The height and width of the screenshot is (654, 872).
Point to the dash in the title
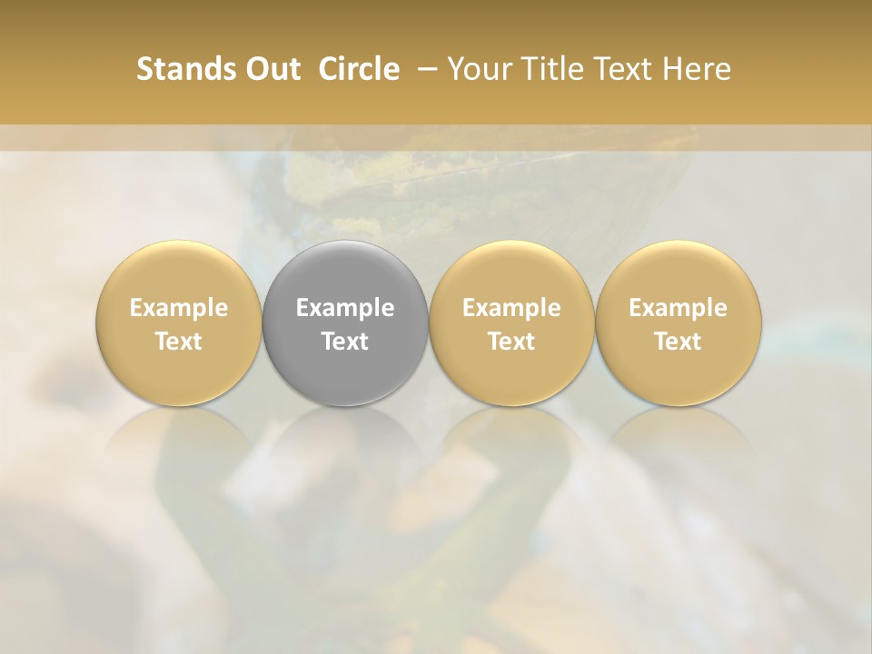[424, 69]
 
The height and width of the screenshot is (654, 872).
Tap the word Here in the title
[696, 69]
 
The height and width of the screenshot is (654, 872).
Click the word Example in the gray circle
[345, 308]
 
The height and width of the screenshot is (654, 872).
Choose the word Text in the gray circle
[345, 342]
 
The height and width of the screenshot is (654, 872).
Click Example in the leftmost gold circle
[179, 308]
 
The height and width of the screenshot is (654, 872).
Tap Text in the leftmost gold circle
[179, 342]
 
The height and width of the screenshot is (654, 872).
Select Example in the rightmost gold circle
[678, 308]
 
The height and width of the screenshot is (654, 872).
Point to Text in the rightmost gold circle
[678, 342]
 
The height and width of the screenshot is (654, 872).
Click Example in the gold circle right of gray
[511, 308]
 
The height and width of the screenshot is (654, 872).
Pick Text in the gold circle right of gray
[511, 342]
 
